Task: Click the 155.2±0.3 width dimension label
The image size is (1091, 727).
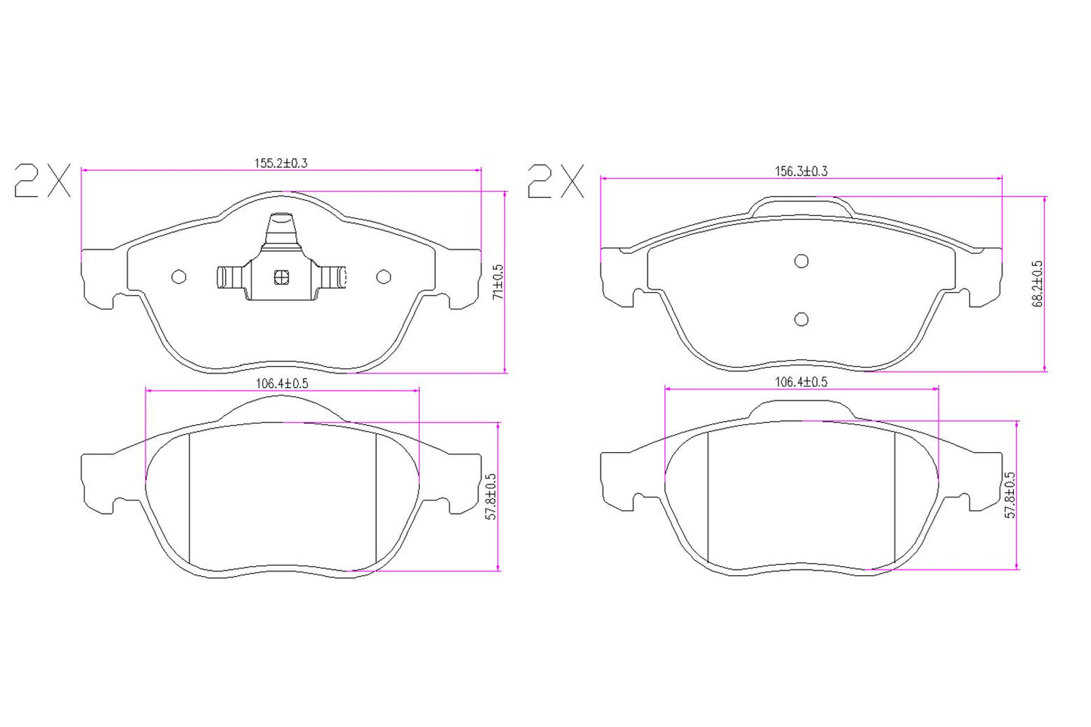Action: pyautogui.click(x=281, y=162)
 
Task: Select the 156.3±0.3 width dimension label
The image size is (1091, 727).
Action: pyautogui.click(x=801, y=171)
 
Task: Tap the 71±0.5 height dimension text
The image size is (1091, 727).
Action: pyautogui.click(x=497, y=282)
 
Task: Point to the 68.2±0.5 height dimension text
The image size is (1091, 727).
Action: pyautogui.click(x=1038, y=284)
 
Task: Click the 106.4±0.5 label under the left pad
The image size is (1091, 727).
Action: pyautogui.click(x=282, y=384)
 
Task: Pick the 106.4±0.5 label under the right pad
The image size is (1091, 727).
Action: pyautogui.click(x=801, y=382)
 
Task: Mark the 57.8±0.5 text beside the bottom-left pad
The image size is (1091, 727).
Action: pyautogui.click(x=491, y=497)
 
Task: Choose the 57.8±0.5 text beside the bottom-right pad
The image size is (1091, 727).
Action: pyautogui.click(x=1010, y=495)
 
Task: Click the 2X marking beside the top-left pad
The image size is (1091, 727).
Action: pyautogui.click(x=42, y=181)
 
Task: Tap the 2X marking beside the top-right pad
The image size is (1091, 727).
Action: pyautogui.click(x=556, y=182)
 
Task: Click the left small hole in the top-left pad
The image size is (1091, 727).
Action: pyautogui.click(x=179, y=277)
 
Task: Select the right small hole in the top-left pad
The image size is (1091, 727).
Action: pyautogui.click(x=384, y=277)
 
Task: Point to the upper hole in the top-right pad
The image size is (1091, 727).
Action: pyautogui.click(x=802, y=261)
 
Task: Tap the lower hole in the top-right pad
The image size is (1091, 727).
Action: pyautogui.click(x=802, y=319)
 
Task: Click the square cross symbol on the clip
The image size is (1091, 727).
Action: pyautogui.click(x=281, y=277)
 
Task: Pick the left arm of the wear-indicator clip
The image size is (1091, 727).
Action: pyautogui.click(x=230, y=277)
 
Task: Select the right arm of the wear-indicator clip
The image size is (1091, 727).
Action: pyautogui.click(x=332, y=277)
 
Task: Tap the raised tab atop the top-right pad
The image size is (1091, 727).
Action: pyautogui.click(x=802, y=205)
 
